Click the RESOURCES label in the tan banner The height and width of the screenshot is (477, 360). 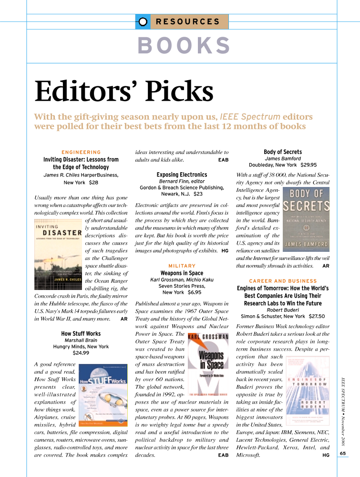[x=188, y=21]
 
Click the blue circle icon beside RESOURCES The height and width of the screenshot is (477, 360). [x=142, y=21]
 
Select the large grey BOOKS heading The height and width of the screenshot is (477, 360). [x=184, y=46]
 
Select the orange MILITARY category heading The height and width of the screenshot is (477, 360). [x=182, y=266]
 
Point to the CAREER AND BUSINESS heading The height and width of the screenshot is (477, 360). [x=283, y=281]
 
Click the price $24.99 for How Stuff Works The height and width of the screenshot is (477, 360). [x=81, y=353]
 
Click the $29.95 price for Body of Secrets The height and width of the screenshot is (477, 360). [x=309, y=165]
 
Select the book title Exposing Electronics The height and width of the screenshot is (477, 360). [x=182, y=175]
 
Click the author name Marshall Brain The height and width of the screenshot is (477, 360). [x=81, y=340]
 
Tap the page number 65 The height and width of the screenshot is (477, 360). [x=343, y=453]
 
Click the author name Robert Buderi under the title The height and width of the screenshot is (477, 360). [x=283, y=310]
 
